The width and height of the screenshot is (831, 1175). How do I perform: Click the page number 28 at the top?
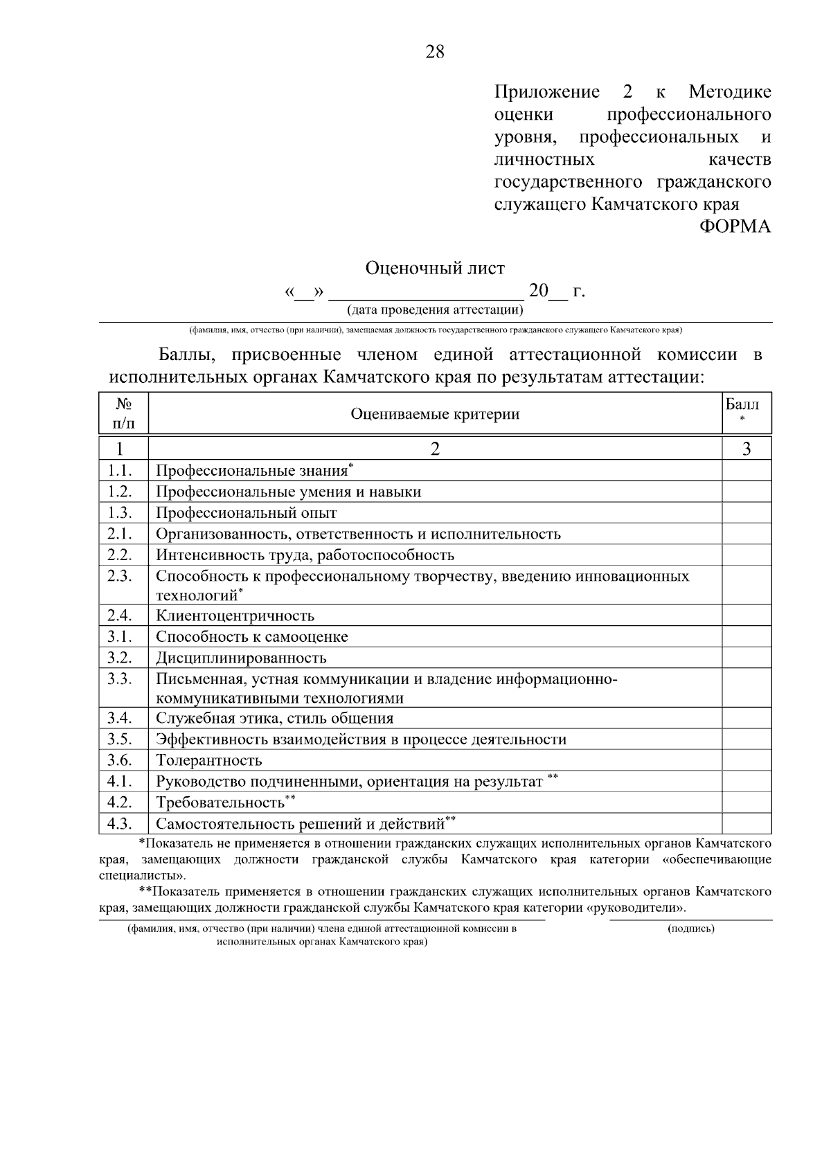pyautogui.click(x=435, y=52)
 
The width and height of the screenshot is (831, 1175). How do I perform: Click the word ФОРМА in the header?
pyautogui.click(x=735, y=226)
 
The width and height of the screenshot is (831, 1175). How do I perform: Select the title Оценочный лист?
pyautogui.click(x=435, y=268)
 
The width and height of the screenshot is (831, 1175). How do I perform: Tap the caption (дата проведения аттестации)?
pyautogui.click(x=435, y=310)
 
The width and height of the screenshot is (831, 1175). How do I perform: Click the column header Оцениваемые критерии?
pyautogui.click(x=435, y=414)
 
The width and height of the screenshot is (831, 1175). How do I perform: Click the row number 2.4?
pyautogui.click(x=120, y=615)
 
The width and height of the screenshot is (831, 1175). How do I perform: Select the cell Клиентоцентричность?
pyautogui.click(x=235, y=616)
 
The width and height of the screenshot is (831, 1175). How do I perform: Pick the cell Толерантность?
pyautogui.click(x=208, y=760)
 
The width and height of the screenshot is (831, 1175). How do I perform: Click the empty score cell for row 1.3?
pyautogui.click(x=747, y=512)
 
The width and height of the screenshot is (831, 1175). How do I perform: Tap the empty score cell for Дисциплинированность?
pyautogui.click(x=747, y=657)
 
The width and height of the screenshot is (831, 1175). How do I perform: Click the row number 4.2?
pyautogui.click(x=120, y=802)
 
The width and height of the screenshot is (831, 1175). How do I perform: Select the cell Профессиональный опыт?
pyautogui.click(x=246, y=513)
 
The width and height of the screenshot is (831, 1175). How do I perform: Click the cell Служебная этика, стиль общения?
pyautogui.click(x=274, y=718)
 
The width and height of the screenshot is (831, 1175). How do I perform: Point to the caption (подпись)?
pyautogui.click(x=690, y=929)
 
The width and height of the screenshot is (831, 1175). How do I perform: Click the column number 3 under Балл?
pyautogui.click(x=747, y=449)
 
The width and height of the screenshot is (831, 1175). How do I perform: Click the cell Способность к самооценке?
pyautogui.click(x=251, y=636)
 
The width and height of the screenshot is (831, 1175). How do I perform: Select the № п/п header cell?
pyautogui.click(x=123, y=413)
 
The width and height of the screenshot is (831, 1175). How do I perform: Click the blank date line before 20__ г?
pyautogui.click(x=426, y=292)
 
